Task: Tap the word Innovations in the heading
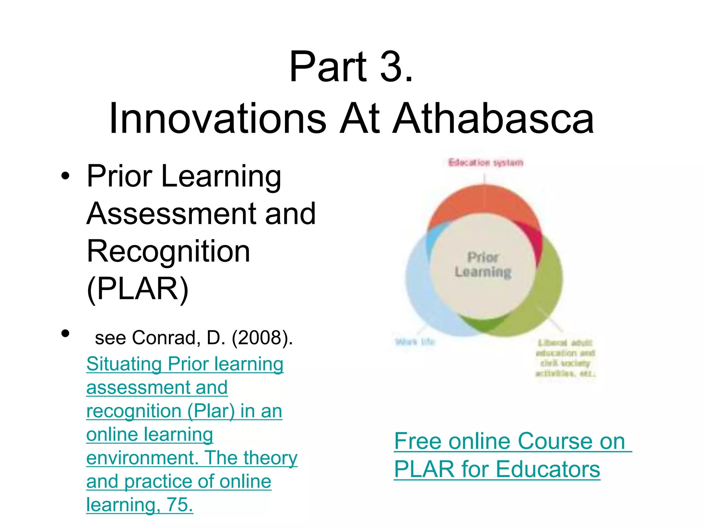click(218, 119)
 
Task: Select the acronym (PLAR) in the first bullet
click(138, 289)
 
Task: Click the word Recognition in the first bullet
click(168, 251)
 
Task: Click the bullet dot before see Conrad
click(65, 333)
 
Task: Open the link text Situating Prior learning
click(185, 364)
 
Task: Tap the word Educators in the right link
click(548, 469)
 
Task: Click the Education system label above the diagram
click(486, 162)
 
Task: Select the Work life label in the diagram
click(415, 342)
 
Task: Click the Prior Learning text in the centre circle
click(483, 265)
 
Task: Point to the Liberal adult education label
click(565, 357)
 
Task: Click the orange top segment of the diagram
click(484, 199)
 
